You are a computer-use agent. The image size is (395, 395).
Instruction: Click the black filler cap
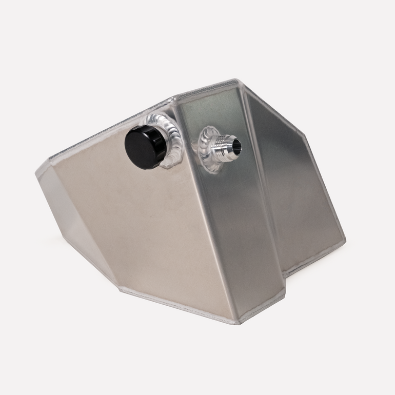144,145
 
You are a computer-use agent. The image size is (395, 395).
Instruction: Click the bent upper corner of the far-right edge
306,134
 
